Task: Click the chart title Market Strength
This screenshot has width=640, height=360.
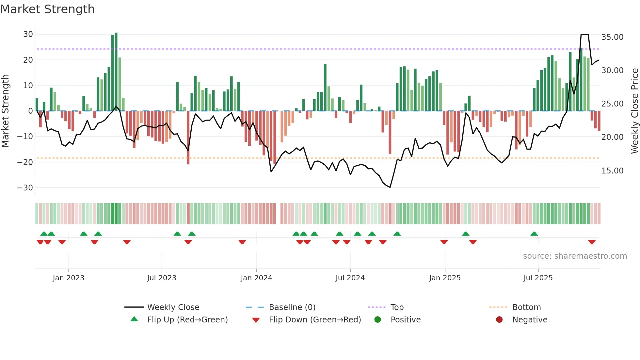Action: [x=47, y=9]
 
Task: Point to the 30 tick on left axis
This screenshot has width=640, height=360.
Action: [x=28, y=34]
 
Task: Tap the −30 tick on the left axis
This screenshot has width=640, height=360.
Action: [x=25, y=188]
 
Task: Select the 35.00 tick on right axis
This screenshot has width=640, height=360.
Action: [x=612, y=37]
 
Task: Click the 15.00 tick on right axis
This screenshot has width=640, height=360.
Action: [x=612, y=171]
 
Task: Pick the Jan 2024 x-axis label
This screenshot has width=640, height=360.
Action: [x=256, y=278]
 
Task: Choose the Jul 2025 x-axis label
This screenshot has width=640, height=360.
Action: [x=538, y=278]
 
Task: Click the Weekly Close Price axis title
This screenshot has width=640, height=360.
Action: [x=634, y=111]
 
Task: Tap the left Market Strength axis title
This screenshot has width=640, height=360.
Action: [x=6, y=111]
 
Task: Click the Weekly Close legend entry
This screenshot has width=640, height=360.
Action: [x=173, y=307]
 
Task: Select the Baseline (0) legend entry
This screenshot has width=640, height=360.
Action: [x=292, y=307]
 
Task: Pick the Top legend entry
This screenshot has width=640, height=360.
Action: [x=397, y=307]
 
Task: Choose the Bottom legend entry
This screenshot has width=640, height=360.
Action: [x=526, y=307]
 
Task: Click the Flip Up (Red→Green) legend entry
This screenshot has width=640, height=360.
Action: [x=187, y=320]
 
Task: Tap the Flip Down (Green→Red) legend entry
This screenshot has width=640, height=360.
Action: [x=315, y=320]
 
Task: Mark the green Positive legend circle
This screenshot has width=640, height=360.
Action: [x=377, y=320]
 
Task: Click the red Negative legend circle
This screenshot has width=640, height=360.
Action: [x=499, y=320]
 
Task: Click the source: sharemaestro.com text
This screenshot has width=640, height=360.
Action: [x=575, y=256]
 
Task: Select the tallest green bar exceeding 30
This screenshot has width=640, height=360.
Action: [x=116, y=72]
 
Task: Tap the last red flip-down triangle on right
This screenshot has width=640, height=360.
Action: [x=592, y=242]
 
